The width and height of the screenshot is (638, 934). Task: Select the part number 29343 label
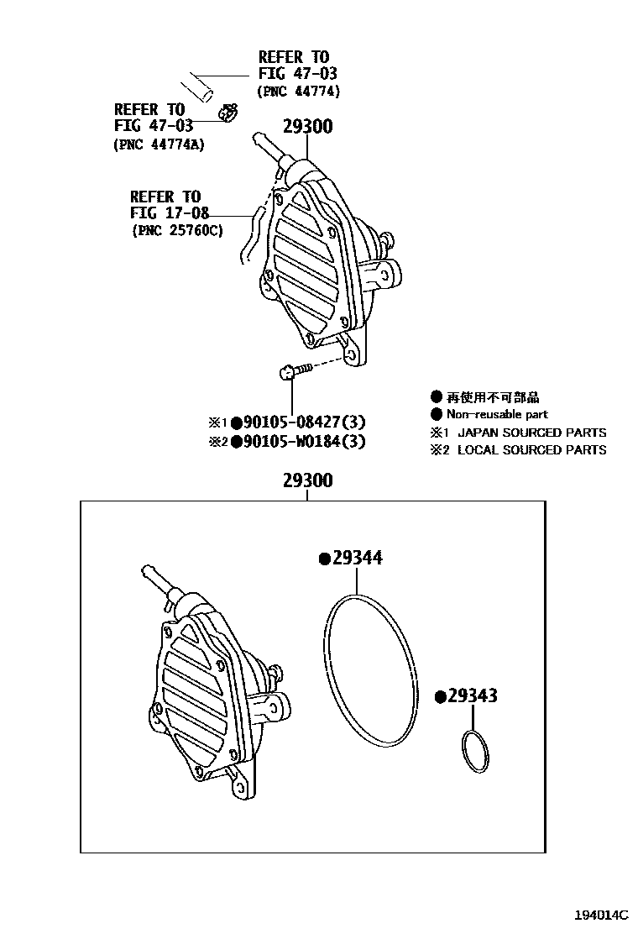[472, 695]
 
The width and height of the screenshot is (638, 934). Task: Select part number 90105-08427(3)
[304, 422]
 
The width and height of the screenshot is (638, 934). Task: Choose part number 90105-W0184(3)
[304, 441]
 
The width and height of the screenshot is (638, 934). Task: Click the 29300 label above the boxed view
[307, 480]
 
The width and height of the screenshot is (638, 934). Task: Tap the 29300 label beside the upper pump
[306, 127]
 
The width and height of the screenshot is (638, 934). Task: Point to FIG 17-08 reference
[169, 213]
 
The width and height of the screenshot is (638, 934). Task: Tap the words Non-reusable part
[497, 414]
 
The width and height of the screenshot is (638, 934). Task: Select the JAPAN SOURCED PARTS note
[531, 433]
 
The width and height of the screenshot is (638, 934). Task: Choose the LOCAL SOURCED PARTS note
[531, 450]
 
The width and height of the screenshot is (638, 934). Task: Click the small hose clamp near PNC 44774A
[227, 112]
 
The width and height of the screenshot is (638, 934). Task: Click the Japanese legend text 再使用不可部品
[492, 397]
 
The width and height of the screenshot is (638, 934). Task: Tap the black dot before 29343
[439, 696]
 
